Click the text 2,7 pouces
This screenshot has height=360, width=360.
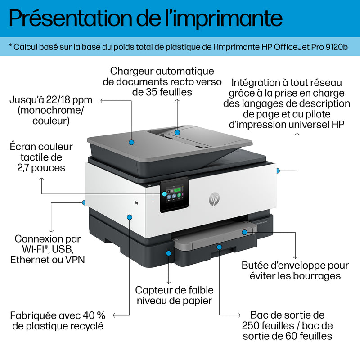[43, 168]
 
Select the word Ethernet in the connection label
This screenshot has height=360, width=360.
[32, 259]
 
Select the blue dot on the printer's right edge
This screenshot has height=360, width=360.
[278, 171]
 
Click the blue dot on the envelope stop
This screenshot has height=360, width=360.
[244, 232]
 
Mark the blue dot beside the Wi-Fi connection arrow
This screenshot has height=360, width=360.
[84, 202]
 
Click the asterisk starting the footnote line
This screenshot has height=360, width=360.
[11, 46]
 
